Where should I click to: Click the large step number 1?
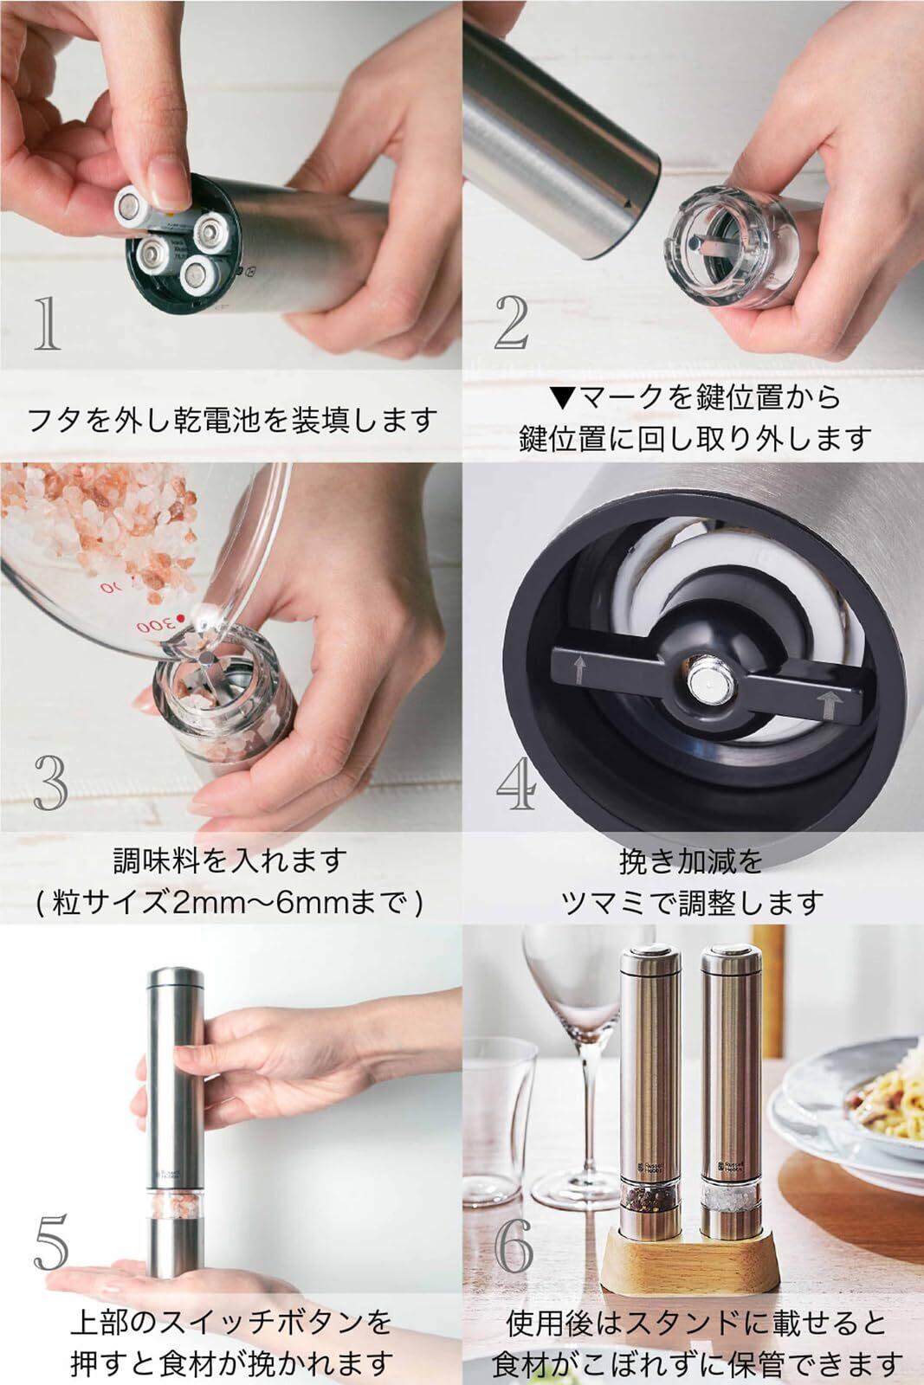click(47, 324)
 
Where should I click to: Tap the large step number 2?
click(512, 322)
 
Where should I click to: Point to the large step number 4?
click(516, 783)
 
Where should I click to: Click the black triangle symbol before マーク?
click(564, 397)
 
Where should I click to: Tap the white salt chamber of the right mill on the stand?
click(731, 1197)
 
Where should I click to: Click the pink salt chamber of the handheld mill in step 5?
click(175, 1205)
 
